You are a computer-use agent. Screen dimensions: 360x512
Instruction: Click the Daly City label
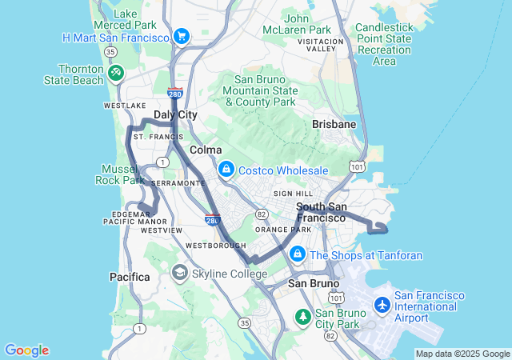coord(175,115)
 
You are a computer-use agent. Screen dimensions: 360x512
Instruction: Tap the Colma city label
coord(206,150)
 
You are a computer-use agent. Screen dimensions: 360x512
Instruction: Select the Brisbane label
coord(334,125)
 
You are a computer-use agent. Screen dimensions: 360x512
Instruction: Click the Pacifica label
coord(130,277)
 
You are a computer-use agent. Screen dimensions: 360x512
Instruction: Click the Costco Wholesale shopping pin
coord(226,170)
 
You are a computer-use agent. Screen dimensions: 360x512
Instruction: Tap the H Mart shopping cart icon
coord(182,37)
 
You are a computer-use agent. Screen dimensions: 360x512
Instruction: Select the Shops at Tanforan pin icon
coord(298,254)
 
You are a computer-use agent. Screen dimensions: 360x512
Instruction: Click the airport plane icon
coord(382,305)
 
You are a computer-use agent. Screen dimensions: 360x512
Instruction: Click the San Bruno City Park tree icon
coord(303,317)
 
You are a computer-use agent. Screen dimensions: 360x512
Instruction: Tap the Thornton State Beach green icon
coord(116,73)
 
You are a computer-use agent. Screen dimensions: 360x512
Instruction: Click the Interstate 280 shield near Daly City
coord(175,94)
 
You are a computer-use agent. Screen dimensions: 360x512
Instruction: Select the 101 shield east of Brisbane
coord(357,166)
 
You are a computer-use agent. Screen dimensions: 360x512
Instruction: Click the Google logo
coord(26,350)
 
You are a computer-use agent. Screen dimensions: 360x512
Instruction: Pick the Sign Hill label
coord(293,194)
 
